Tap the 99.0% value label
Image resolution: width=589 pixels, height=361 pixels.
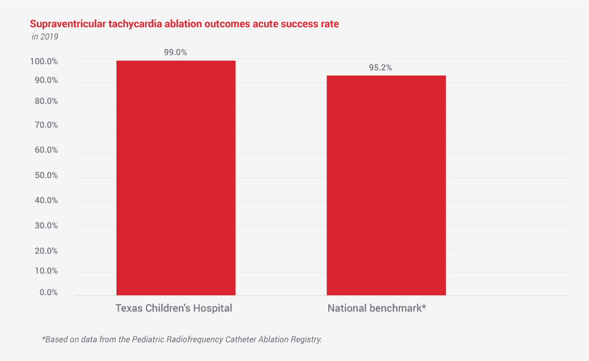click(x=176, y=52)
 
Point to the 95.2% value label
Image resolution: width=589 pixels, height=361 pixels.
click(x=381, y=68)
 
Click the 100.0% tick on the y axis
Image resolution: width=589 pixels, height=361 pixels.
click(x=44, y=61)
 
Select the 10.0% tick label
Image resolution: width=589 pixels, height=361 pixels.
click(x=45, y=271)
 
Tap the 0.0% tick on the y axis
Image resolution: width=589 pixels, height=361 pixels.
click(x=48, y=292)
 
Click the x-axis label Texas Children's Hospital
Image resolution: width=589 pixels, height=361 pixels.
click(x=174, y=309)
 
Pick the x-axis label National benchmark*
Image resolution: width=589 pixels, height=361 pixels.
click(x=377, y=309)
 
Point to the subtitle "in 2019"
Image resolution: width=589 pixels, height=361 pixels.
click(x=45, y=37)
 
